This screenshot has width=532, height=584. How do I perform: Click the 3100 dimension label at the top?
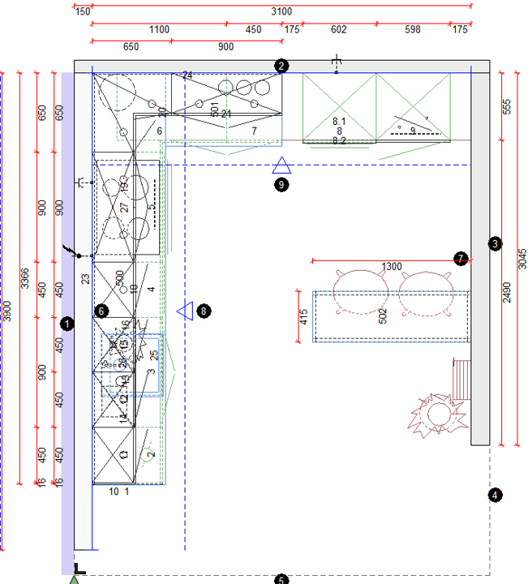[x=281, y=11]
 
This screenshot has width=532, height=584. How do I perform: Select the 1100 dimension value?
[x=159, y=30]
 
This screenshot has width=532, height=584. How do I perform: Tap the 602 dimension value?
[x=338, y=30]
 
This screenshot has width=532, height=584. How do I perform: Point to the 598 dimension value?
[x=413, y=30]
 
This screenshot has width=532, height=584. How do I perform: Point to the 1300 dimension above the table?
[x=392, y=267]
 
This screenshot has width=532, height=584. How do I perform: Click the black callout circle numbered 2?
[x=281, y=67]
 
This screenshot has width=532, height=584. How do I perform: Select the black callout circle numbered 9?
[x=281, y=184]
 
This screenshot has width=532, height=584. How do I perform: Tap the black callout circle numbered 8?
[x=204, y=310]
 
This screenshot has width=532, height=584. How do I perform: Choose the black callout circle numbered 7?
[x=461, y=259]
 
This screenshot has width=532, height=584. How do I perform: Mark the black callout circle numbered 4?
[x=496, y=493]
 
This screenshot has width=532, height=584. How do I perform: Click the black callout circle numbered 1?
[x=67, y=324]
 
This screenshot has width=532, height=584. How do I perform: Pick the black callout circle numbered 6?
[x=101, y=310]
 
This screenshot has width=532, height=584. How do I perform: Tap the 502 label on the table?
[x=383, y=316]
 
